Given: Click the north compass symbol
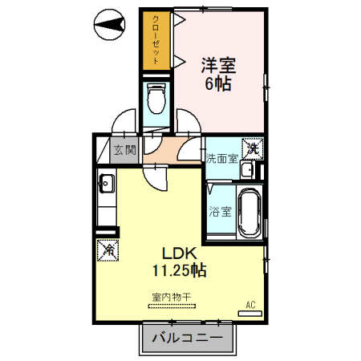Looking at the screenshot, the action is point(109,25).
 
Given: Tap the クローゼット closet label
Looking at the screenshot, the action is point(156,39).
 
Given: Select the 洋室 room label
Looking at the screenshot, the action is point(218,65).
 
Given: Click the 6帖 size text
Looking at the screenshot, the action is point(218,84).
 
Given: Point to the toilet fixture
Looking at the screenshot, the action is point(156,98).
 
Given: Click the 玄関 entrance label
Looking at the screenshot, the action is point(125,150).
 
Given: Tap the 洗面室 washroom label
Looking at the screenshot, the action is point(221,159).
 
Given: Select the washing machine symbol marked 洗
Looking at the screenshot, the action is point(253,148).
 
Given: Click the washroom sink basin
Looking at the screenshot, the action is point(248,170).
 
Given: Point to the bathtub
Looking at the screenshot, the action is point(249,212).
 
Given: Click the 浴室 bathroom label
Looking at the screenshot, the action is point(220,212).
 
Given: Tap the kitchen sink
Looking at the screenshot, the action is point(107,184).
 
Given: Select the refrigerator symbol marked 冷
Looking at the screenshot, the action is point(107,250).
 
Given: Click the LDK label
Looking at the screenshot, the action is point(180,254).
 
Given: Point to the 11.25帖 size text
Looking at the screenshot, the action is point(180,270).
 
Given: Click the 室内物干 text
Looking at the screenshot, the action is point(171,297).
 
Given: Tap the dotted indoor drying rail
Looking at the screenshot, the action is point(172,306).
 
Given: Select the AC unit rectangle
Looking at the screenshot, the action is point(250,314).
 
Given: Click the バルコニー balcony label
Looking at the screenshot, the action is point(187,338).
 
